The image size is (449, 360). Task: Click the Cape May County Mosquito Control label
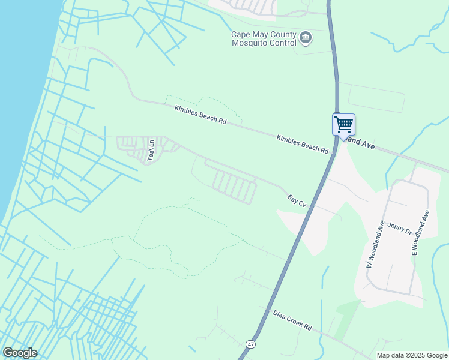(x=264, y=38)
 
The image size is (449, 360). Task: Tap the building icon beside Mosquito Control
(x=306, y=38)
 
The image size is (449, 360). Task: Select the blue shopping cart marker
(x=343, y=125)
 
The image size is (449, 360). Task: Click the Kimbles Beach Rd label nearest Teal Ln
(x=200, y=115)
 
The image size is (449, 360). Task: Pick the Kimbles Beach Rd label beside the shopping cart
(x=303, y=143)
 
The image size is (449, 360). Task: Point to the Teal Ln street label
(x=152, y=151)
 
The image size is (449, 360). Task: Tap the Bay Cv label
(x=297, y=200)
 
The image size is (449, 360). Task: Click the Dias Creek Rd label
(x=292, y=320)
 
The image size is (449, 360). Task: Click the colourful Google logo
(x=20, y=353)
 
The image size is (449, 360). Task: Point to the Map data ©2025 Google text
(x=412, y=355)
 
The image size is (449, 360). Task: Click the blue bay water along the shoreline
(x=18, y=90)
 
